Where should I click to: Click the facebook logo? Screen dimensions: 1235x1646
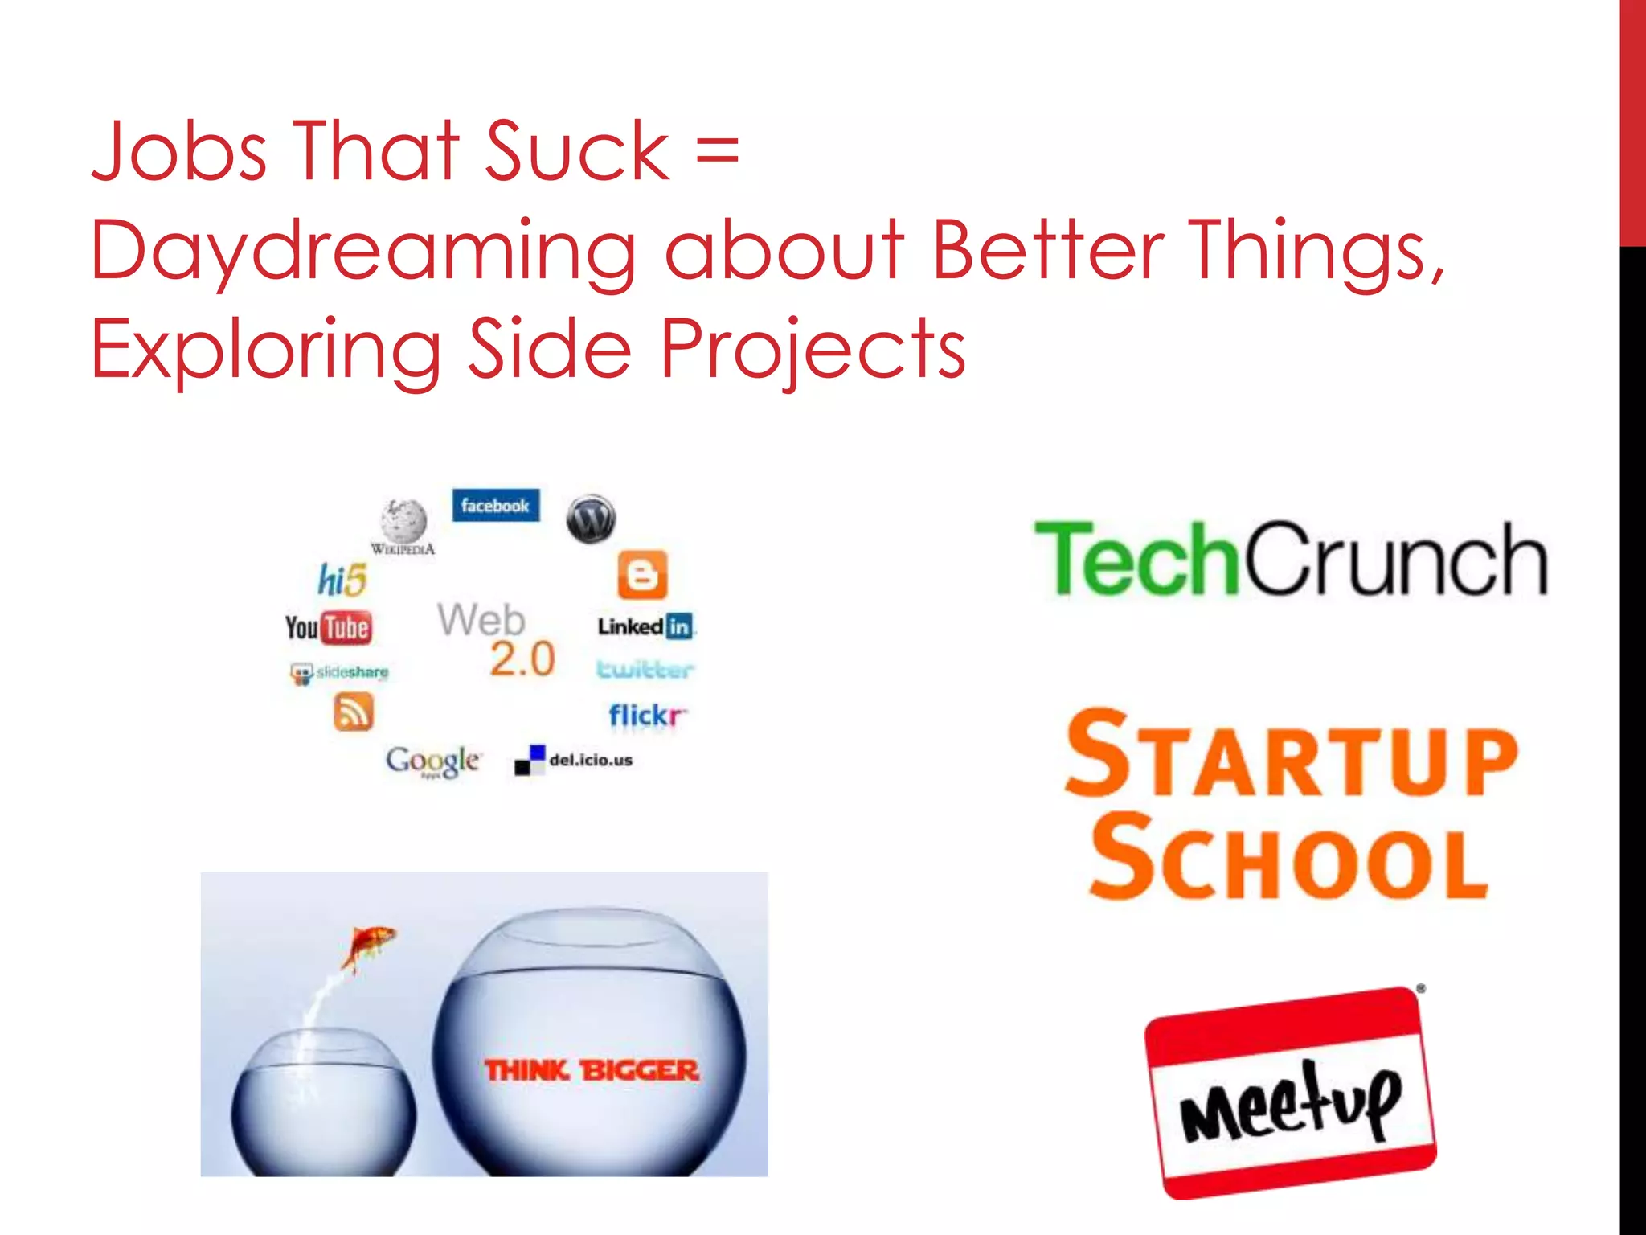[x=495, y=506]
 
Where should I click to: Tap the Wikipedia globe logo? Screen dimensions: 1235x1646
[x=403, y=523]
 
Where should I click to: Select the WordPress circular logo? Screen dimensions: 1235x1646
[x=591, y=519]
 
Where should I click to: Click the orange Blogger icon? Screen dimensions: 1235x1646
[x=642, y=575]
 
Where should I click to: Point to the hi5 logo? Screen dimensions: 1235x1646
[x=342, y=580]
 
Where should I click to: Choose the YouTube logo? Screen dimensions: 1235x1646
[x=329, y=627]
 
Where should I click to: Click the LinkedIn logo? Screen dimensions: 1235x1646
[x=645, y=626]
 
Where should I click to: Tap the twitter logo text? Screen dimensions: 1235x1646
[x=645, y=670]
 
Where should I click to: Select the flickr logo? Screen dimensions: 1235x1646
[x=647, y=715]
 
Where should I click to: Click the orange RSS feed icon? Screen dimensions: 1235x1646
[x=353, y=712]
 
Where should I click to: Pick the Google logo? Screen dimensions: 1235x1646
[x=433, y=760]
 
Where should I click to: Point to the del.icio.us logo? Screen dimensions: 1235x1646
[x=574, y=760]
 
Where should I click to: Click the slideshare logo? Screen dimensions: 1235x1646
[x=339, y=672]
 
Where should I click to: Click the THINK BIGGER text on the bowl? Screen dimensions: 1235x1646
[x=592, y=1070]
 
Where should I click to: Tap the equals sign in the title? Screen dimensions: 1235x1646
[x=717, y=153]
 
